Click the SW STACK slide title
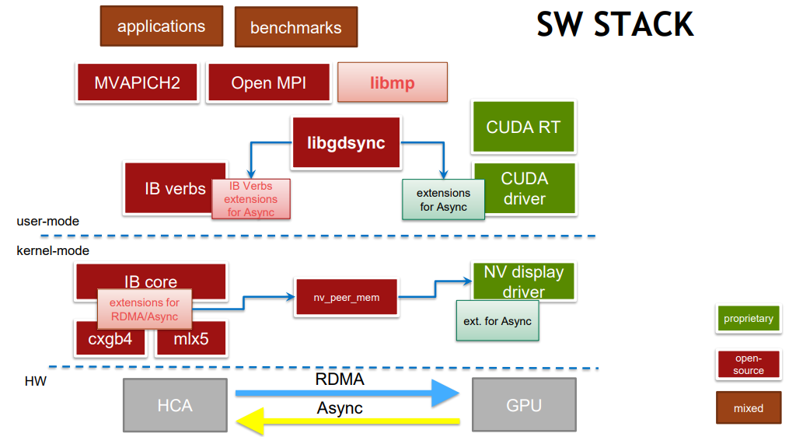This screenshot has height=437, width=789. [x=614, y=25]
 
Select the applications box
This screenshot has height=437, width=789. [x=161, y=26]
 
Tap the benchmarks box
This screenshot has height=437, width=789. [x=295, y=27]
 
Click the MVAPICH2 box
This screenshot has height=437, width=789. [x=137, y=82]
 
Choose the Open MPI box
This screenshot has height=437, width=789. [x=268, y=82]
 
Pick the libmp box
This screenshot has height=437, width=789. [x=393, y=82]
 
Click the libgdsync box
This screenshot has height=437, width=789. [x=346, y=143]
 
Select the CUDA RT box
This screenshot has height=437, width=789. [x=523, y=127]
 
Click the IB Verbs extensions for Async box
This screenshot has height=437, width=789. [x=250, y=199]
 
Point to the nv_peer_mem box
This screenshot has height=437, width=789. [x=347, y=297]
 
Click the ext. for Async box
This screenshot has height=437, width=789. [x=497, y=321]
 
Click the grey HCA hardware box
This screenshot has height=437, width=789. [x=175, y=405]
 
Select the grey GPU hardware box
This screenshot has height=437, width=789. [x=523, y=405]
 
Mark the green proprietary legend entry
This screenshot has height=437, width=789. [x=748, y=319]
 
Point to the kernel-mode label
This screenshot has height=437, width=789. [x=53, y=250]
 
